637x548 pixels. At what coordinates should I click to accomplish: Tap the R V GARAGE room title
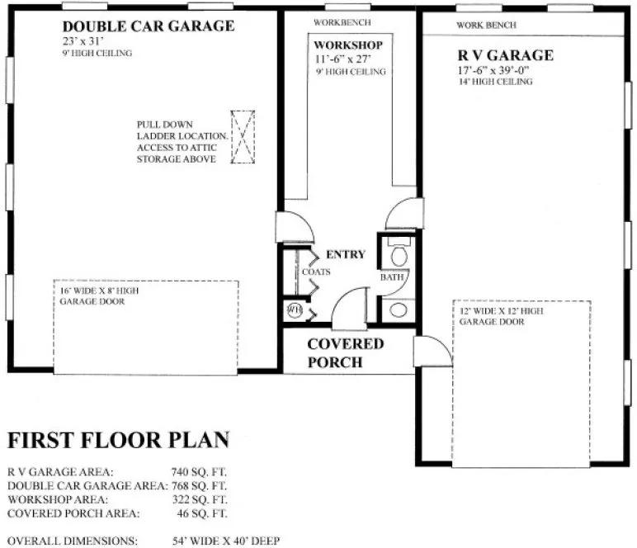pos(505,56)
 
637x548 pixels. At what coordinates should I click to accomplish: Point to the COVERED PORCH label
pos(345,352)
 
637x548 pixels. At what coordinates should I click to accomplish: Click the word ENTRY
pos(345,254)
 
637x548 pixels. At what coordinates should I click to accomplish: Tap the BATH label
pos(391,278)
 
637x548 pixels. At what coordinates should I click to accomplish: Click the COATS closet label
pos(315,271)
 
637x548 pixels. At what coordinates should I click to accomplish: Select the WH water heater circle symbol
pos(294,309)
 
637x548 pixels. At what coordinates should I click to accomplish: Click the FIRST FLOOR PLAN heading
pos(118,439)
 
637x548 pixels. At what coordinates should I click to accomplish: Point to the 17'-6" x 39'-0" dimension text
pos(493,70)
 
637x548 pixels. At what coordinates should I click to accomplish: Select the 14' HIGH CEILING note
pos(494,83)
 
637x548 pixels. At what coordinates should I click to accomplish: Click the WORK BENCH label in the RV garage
pos(487,26)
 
